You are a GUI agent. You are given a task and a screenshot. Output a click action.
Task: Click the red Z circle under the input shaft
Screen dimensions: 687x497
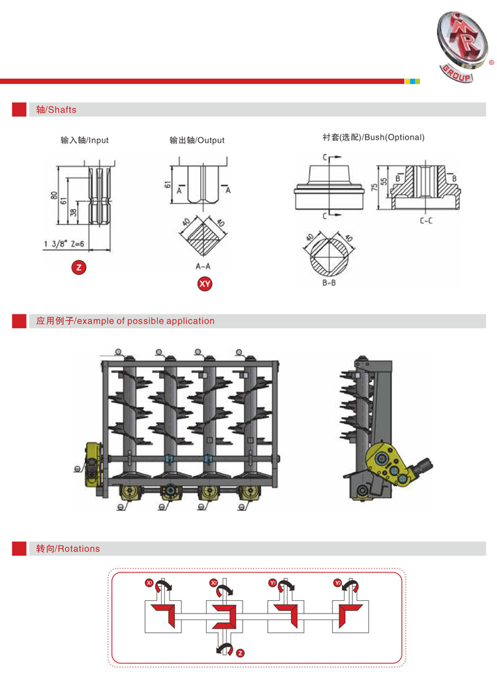pos(79,267)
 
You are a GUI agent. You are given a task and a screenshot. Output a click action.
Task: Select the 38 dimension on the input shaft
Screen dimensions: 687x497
pos(74,213)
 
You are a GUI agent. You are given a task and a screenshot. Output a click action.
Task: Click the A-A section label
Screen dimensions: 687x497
pos(203,265)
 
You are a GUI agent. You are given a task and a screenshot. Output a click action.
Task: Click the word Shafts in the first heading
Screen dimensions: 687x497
pos(62,110)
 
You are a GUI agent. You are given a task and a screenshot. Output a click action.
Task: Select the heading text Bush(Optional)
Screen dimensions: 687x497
pos(394,138)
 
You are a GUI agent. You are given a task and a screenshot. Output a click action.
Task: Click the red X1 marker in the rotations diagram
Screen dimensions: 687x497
pos(149,583)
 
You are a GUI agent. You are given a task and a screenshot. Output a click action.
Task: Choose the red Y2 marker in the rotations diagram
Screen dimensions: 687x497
pos(337,583)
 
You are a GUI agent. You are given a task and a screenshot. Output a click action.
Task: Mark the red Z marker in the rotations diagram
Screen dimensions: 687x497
pos(240,653)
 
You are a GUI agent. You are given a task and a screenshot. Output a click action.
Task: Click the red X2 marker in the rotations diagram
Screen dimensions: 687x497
pos(214,583)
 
